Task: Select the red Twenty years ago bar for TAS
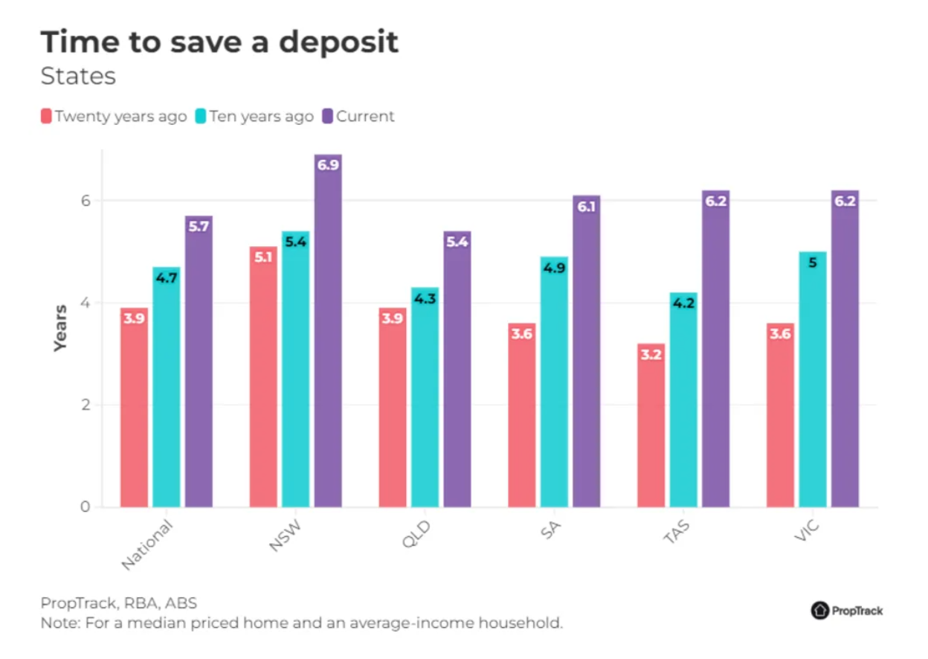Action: click(x=651, y=431)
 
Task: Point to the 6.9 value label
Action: click(x=328, y=165)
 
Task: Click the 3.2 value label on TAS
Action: click(x=651, y=354)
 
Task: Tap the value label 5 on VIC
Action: click(x=813, y=262)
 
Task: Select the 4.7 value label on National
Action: click(x=167, y=277)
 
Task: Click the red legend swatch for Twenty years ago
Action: click(x=46, y=117)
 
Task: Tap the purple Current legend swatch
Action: click(x=327, y=117)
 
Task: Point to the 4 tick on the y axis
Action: click(x=85, y=303)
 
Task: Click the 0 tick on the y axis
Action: click(x=85, y=507)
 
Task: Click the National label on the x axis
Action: click(x=146, y=544)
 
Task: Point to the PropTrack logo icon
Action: click(x=819, y=610)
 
